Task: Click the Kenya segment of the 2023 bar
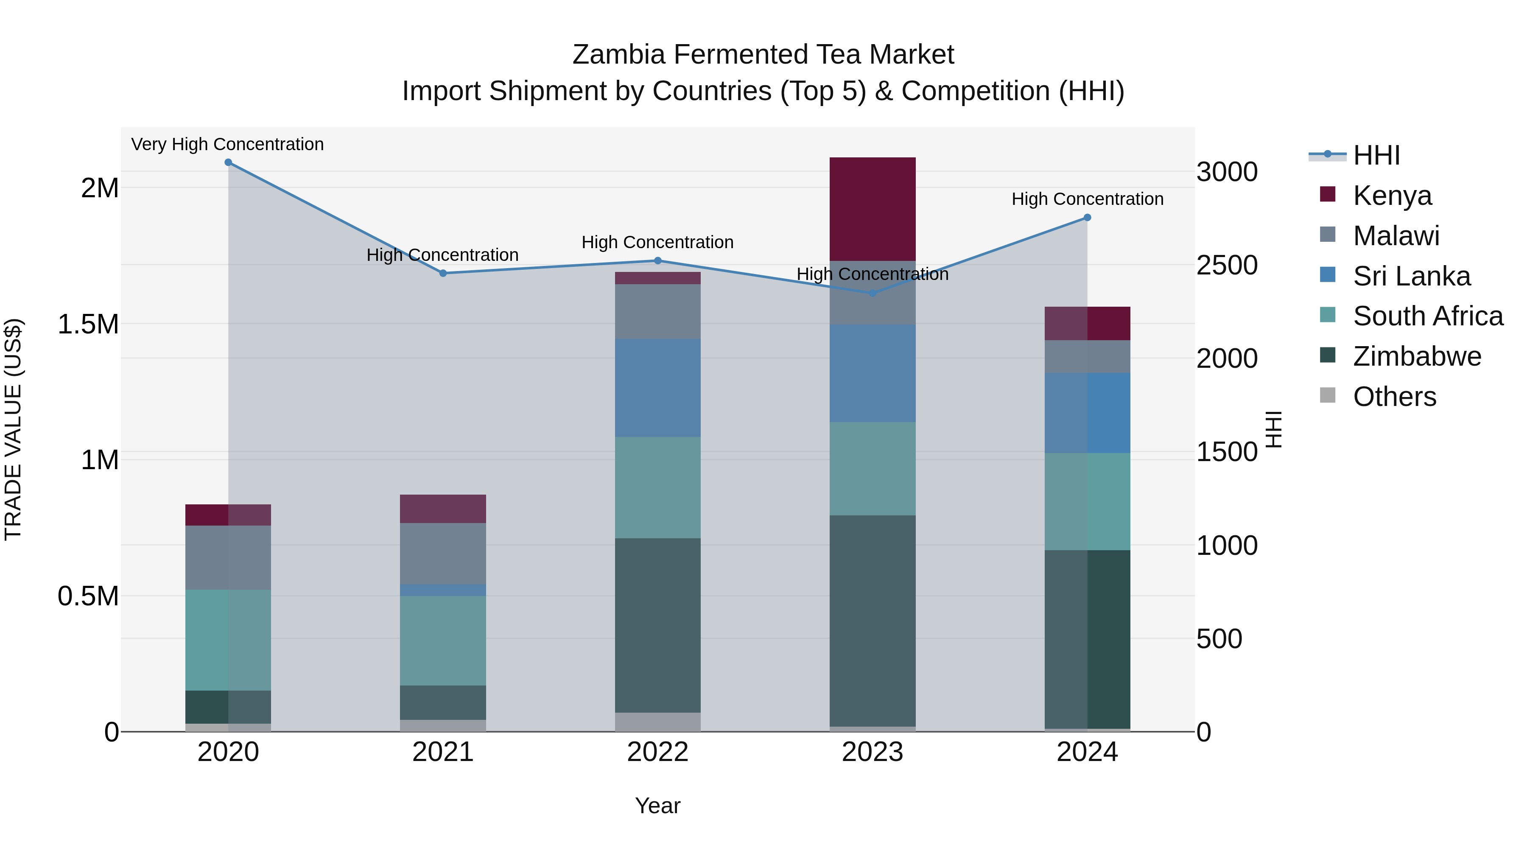872,209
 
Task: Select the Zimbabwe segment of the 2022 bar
657,625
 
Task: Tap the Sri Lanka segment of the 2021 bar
443,590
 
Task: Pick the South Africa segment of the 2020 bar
228,640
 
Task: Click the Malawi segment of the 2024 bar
1087,356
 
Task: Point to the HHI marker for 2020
228,162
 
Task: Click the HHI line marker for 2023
872,293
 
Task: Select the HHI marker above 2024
1087,218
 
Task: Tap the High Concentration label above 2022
657,243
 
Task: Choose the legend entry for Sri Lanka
1411,276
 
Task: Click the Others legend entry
1394,397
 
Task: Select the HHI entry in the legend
1376,155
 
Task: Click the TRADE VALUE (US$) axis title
13,429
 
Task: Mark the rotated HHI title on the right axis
1273,429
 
